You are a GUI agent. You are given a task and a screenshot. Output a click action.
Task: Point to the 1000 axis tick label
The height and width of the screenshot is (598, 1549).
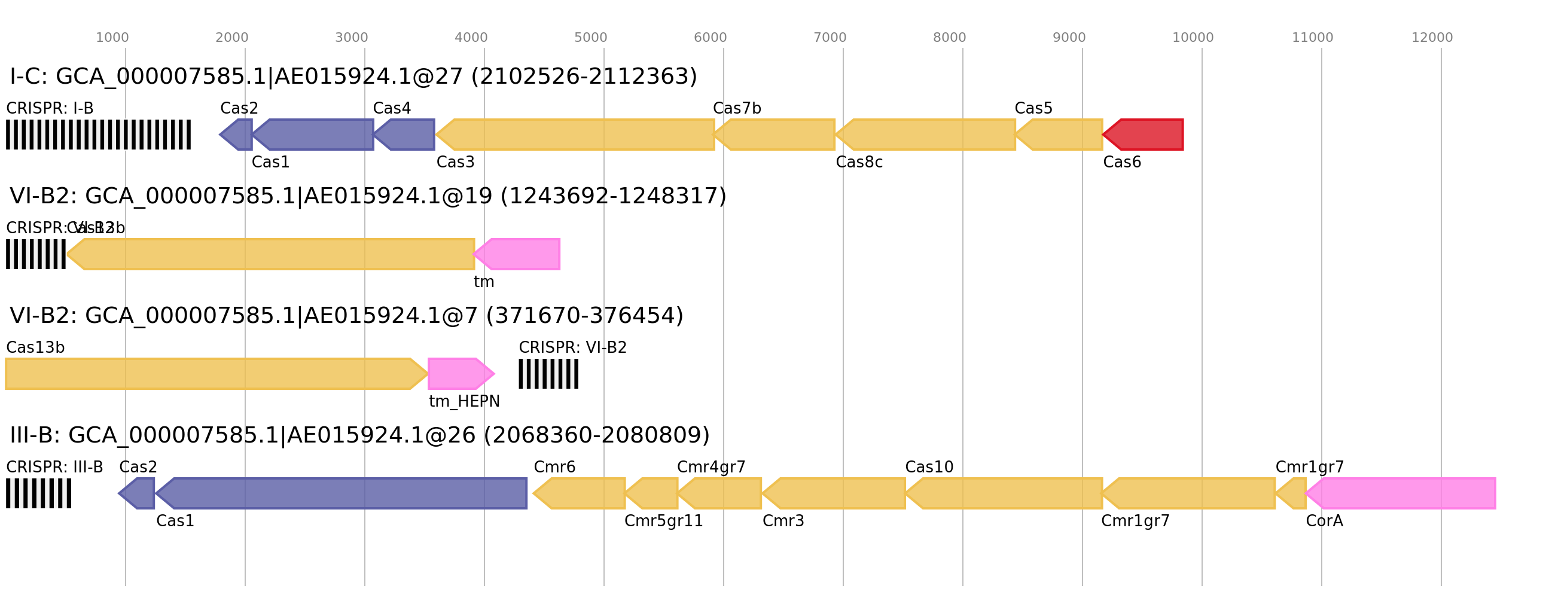tap(112, 38)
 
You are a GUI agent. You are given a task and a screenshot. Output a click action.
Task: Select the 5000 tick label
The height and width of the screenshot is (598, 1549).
tap(590, 38)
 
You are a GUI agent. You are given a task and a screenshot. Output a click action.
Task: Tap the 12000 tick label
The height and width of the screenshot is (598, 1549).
tap(1432, 38)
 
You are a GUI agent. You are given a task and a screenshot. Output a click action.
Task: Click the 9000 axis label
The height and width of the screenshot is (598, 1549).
tap(1069, 38)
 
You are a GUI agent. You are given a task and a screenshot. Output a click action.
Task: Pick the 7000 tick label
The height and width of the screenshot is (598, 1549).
tap(830, 38)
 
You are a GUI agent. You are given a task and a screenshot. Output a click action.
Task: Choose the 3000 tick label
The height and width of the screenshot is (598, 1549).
tap(351, 38)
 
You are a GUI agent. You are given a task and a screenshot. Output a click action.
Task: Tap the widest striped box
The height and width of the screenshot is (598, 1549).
tap(98, 135)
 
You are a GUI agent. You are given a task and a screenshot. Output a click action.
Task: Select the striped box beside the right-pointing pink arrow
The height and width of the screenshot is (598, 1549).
tap(548, 374)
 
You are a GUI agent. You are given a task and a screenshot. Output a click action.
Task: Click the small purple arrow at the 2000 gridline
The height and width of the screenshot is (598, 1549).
tap(237, 135)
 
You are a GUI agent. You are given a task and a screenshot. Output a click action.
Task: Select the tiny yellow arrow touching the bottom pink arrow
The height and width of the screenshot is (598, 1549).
tap(1292, 493)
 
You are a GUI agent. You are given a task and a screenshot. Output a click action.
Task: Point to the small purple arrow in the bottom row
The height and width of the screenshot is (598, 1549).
tap(138, 493)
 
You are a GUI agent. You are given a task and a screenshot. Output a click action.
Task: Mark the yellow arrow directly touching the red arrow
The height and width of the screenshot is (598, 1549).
tap(1061, 135)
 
